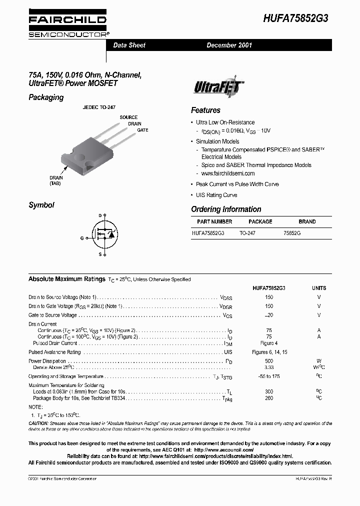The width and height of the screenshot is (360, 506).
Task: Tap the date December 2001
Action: pos(229,45)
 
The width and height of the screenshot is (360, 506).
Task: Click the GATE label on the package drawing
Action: pos(142,129)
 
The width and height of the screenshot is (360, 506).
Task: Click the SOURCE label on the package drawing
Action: pos(128,117)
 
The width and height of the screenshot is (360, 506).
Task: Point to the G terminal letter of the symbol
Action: pos(81,238)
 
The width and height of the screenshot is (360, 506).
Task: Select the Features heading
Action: pos(205,110)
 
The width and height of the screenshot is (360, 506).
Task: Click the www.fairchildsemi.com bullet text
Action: pos(228,173)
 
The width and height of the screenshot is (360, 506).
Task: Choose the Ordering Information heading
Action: pos(226,209)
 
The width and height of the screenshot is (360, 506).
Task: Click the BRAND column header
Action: pos(307,221)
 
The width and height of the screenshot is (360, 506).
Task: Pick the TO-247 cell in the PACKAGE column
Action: pos(247,233)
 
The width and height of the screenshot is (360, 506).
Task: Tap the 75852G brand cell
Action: pos(292,233)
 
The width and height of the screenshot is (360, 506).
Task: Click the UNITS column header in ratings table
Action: pos(319,288)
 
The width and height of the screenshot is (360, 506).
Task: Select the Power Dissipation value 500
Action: pos(269,360)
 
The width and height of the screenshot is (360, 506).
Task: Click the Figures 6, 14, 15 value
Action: pos(269,352)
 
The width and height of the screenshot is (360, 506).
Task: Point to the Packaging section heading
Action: pos(46,97)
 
